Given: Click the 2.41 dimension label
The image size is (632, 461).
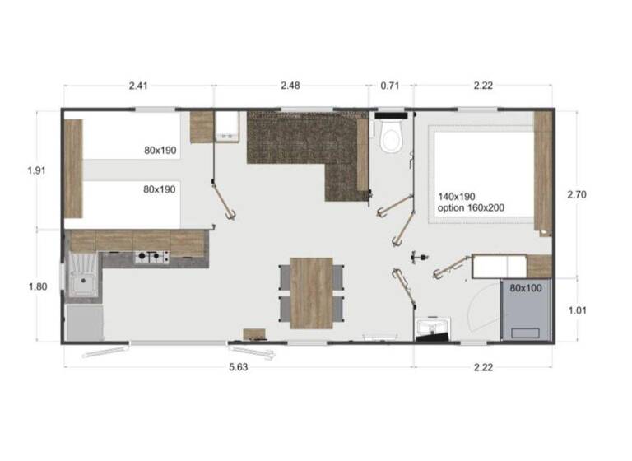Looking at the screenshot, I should point(137,86).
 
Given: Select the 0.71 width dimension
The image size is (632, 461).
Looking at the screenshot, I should point(390,86).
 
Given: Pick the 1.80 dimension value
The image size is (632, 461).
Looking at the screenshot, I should point(37,286).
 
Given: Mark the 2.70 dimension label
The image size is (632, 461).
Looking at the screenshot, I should point(576,195).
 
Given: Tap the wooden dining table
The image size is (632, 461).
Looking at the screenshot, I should point(311,292).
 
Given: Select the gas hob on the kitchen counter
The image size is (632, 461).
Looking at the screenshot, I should point(151,258).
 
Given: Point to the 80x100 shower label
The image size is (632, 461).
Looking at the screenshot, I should point(526,289).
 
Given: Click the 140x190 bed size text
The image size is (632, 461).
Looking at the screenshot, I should point(458,196).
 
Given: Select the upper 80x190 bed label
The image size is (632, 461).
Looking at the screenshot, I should point(160,151).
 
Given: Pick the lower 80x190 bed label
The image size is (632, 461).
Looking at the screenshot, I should point(160,189).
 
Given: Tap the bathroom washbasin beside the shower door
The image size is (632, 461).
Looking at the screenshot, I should point(431,328).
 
